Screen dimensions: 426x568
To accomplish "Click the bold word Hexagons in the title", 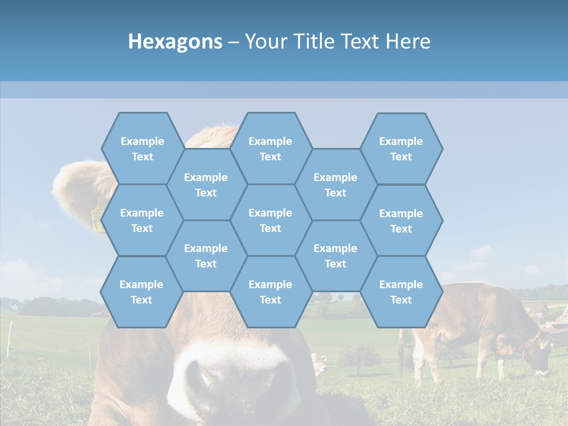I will coord(175,41).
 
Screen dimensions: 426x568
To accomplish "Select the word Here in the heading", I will coord(408,41).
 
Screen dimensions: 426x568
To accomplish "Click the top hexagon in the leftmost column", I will coord(142,149).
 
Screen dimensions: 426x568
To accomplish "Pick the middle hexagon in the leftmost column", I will coord(142,220).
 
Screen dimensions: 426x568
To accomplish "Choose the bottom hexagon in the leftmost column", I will coord(141,292).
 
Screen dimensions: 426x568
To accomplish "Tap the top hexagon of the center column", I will coord(270,149).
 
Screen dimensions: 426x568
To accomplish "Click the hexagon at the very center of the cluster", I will coord(270,220).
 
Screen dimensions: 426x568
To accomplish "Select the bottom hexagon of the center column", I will coord(270,292).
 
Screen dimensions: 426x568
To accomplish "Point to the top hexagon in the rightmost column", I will coord(401,149).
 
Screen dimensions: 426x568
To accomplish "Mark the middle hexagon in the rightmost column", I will coord(401,221).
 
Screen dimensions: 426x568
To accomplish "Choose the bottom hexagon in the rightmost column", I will coord(401,292).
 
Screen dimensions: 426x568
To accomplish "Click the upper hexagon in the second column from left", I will coord(206,185).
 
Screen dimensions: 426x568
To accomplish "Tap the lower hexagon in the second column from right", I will coord(335,256).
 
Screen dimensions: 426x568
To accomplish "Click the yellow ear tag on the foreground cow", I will coord(96,220).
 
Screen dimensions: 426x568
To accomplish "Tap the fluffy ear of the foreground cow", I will coord(77,189).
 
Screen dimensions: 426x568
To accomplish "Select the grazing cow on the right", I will coord(479,331).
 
